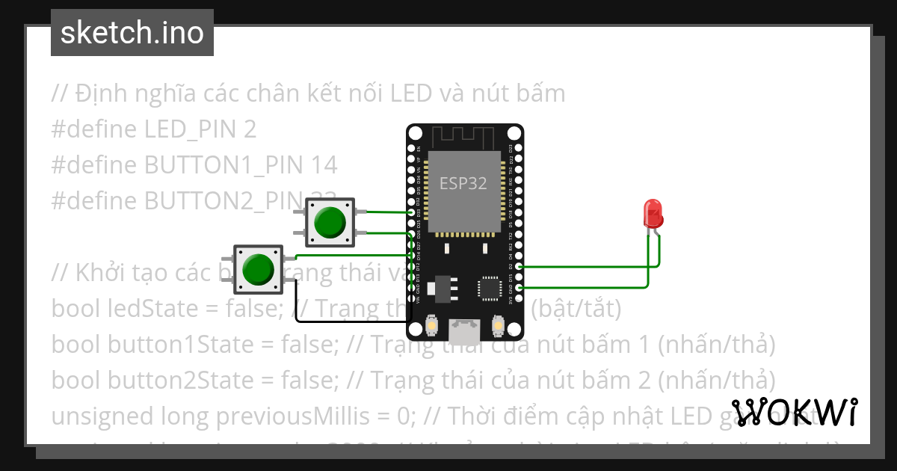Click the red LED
(x=653, y=213)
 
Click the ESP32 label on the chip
(x=463, y=183)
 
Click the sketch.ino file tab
(x=132, y=33)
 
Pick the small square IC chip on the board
(x=490, y=287)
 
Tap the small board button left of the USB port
(x=431, y=326)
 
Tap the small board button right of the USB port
(x=498, y=326)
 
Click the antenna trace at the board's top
(x=463, y=137)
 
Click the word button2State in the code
(x=152, y=379)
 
